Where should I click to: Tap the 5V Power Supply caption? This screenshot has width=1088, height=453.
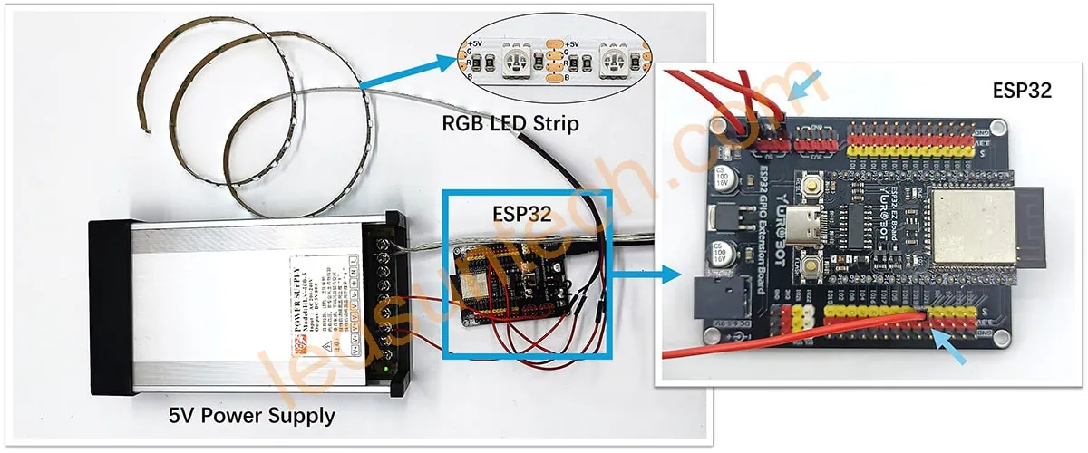252,416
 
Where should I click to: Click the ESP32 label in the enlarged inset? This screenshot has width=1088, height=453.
1021,90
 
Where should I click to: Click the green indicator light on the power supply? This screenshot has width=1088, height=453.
387,368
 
